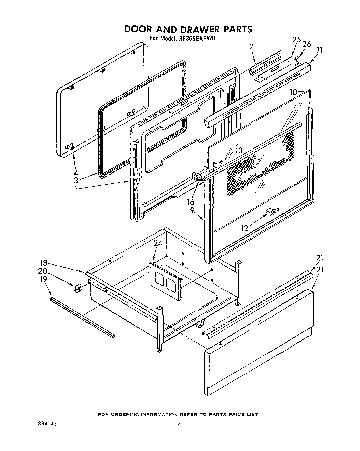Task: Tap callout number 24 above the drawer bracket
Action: pos(158,243)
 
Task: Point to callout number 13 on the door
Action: pos(238,151)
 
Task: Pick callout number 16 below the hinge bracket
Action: pos(190,202)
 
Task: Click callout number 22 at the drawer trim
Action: pos(321,258)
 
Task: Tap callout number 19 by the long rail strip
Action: pos(44,279)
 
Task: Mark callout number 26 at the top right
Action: pos(307,44)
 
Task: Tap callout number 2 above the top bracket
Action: pos(251,47)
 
